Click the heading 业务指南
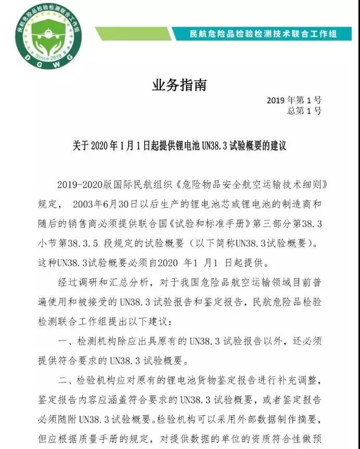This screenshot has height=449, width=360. tap(179, 85)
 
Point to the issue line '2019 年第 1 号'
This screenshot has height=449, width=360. tap(294, 100)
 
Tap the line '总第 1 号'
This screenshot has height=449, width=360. tap(304, 111)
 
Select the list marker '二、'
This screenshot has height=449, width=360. tap(65, 382)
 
